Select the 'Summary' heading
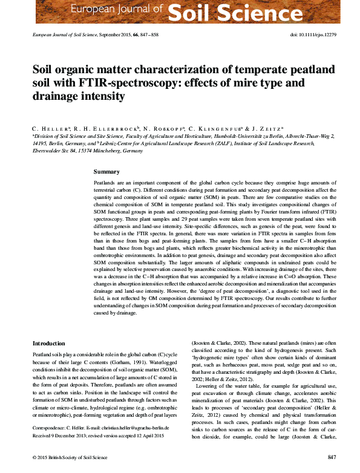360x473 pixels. (x=106, y=172)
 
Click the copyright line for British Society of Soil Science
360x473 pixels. (x=68, y=456)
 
